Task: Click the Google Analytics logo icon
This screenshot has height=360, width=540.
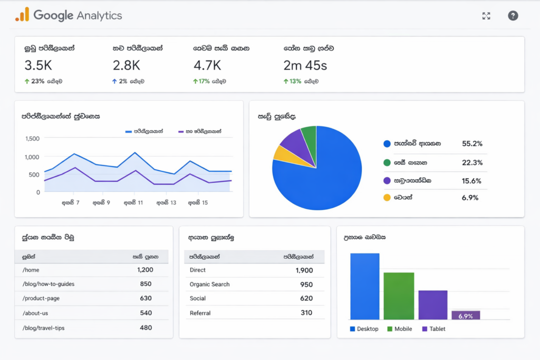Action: (22, 15)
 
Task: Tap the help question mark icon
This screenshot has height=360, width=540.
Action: (513, 16)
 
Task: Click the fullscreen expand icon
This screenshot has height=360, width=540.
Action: (486, 16)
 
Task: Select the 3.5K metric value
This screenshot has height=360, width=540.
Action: (38, 65)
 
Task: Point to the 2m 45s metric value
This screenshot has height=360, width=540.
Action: (305, 65)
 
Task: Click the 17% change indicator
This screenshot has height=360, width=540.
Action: (201, 82)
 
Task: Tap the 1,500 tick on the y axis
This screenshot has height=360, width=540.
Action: (32, 139)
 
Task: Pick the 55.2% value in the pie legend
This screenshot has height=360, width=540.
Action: (472, 143)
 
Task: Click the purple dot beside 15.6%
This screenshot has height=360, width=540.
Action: (387, 181)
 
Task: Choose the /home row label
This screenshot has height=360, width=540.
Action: (31, 270)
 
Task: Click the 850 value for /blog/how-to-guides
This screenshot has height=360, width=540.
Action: (146, 284)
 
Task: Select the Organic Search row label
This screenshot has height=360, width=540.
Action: (209, 285)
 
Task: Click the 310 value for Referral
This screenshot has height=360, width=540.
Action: (306, 313)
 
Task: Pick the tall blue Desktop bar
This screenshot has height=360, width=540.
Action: (364, 286)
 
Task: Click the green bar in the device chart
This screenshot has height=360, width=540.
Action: (399, 296)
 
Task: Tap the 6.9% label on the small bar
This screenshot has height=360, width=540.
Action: (466, 316)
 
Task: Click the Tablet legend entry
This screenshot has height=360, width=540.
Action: (433, 329)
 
